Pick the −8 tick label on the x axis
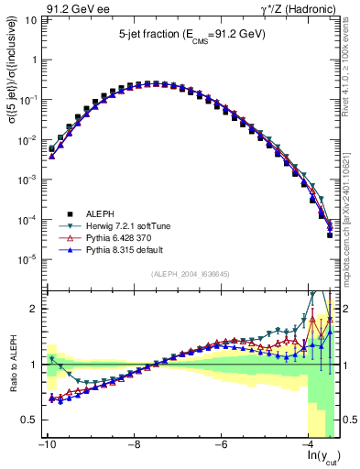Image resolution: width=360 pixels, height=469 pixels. tap(134, 443)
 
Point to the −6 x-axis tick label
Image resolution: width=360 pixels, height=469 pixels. tap(222, 443)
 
